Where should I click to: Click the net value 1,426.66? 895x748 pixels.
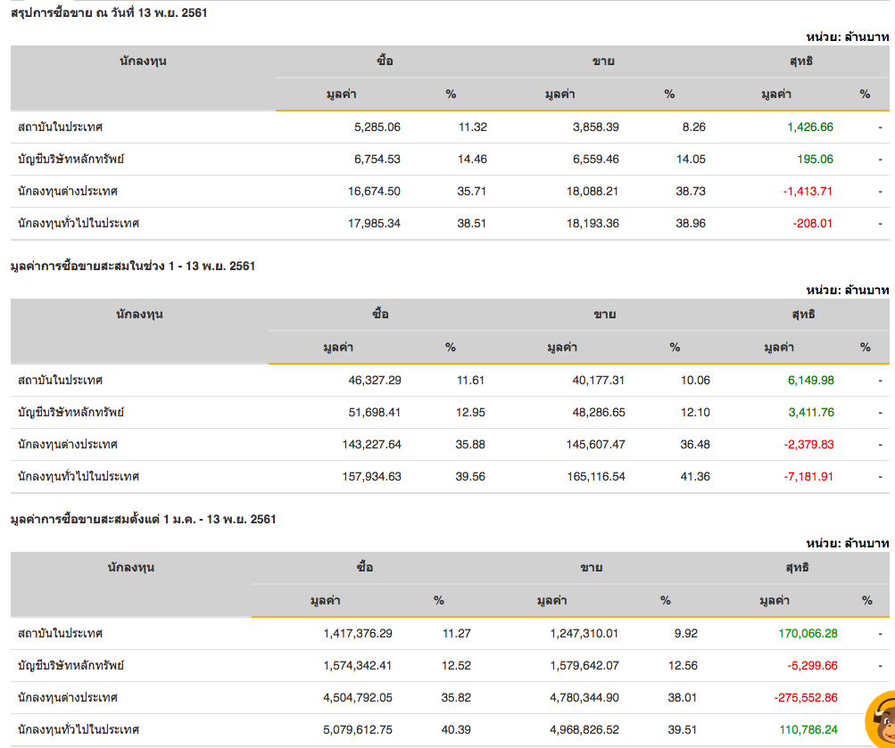(809, 127)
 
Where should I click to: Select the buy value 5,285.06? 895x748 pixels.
(377, 127)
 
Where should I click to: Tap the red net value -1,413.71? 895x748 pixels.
(808, 191)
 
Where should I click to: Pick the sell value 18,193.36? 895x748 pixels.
(588, 223)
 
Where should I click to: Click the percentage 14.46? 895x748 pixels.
(472, 159)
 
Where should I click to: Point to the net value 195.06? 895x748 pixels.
(815, 159)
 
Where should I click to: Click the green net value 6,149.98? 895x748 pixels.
(810, 380)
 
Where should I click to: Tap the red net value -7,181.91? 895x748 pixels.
(808, 476)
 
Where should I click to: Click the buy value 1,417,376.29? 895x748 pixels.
(358, 633)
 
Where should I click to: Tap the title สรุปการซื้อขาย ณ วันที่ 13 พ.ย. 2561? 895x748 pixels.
(109, 12)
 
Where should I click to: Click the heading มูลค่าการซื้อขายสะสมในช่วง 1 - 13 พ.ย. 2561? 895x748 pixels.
(132, 266)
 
